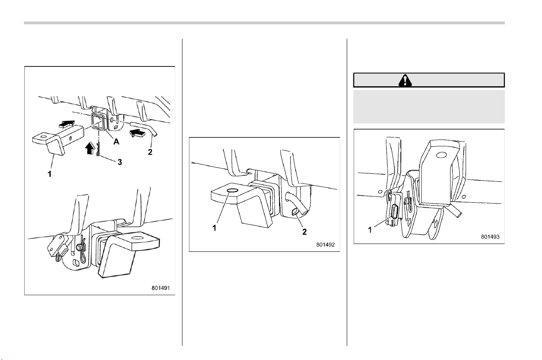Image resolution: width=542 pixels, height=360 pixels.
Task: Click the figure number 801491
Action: point(161,288)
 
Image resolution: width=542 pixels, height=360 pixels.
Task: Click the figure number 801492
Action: point(325,244)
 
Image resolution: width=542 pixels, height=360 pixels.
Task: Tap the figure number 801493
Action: point(490,237)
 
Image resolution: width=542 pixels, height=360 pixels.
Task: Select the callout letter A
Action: point(116,142)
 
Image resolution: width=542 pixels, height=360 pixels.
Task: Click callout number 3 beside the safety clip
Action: point(120,162)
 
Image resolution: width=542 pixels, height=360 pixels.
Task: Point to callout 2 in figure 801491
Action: point(150,152)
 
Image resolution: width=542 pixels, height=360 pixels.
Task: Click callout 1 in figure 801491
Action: point(50,174)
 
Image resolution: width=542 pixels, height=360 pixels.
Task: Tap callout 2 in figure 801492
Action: point(304,232)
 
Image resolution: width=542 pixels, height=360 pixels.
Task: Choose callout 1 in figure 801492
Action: point(214,228)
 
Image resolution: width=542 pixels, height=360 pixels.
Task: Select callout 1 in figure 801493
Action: point(370,230)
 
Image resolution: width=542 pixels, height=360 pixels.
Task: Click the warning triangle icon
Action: point(405,81)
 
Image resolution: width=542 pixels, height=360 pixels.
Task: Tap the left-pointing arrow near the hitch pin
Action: point(137,133)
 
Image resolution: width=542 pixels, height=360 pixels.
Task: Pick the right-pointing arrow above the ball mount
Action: point(67,124)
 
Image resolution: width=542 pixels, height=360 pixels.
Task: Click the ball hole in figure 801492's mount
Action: point(232,191)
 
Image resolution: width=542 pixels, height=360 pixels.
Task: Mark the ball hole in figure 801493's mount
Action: point(442,155)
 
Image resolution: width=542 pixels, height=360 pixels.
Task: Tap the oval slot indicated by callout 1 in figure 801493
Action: point(395,212)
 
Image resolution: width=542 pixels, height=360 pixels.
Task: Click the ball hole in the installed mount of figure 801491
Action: point(138,237)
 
